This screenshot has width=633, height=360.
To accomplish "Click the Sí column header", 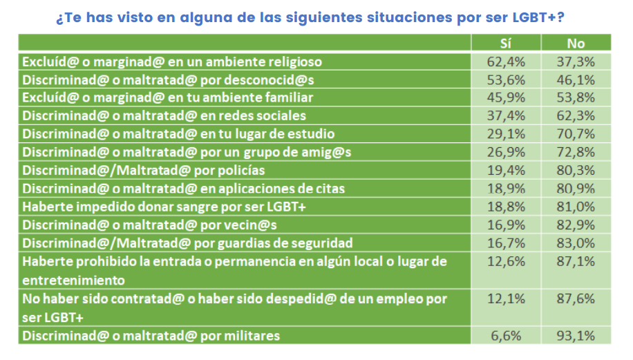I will [506, 44].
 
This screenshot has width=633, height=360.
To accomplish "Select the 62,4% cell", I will [506, 61].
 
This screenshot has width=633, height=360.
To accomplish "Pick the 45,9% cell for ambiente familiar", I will [506, 97].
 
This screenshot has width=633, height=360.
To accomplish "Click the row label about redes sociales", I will [164, 115].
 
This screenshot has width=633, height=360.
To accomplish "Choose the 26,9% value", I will [506, 151].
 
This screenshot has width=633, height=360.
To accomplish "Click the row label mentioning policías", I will [144, 170].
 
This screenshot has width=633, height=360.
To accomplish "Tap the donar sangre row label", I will [164, 206].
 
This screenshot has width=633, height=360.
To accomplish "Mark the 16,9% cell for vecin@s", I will [506, 224].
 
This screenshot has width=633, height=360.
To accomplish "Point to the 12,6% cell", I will [506, 261].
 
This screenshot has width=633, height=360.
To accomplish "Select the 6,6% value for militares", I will [506, 336].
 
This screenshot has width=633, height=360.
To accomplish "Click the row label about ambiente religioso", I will [172, 61].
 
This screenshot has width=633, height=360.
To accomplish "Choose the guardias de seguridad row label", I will [188, 243].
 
